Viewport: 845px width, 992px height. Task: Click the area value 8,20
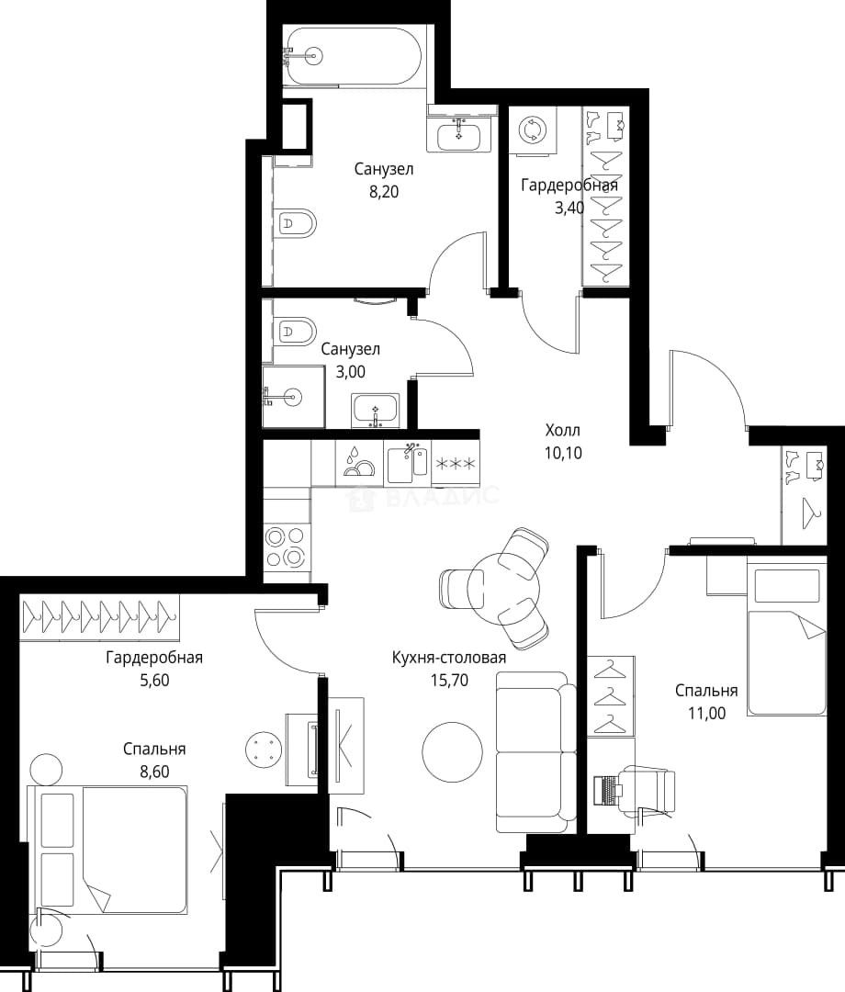[384, 192]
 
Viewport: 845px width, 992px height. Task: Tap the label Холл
[563, 431]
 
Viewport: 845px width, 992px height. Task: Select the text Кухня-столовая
[449, 658]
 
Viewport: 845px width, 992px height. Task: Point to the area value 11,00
[706, 714]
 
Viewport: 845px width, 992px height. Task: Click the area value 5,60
[154, 680]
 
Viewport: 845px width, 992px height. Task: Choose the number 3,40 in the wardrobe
[569, 209]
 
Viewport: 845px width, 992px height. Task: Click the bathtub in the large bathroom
[352, 56]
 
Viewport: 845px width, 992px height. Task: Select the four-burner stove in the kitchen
[286, 547]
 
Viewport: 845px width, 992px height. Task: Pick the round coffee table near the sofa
[452, 751]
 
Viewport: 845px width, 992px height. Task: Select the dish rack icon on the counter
[358, 461]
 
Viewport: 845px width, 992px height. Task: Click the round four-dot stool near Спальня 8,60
[263, 750]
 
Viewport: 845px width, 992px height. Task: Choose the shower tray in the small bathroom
[293, 397]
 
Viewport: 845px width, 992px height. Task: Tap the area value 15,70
[449, 681]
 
